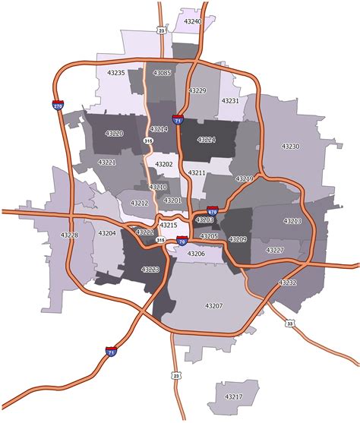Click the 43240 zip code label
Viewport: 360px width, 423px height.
tap(193, 22)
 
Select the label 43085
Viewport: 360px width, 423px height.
tap(162, 73)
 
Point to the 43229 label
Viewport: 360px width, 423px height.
tap(197, 90)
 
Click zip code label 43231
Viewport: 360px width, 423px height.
tap(230, 100)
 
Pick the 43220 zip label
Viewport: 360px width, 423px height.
tap(112, 134)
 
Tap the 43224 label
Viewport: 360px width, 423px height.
tap(206, 140)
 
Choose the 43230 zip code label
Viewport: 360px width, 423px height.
tap(291, 146)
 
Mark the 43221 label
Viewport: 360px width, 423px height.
tap(107, 163)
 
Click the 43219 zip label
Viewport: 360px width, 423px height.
tap(244, 178)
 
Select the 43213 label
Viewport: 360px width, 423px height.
tap(292, 221)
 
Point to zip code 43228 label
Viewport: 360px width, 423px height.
tap(69, 235)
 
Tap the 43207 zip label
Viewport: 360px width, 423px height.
tap(213, 305)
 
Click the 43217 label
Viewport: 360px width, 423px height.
tap(234, 396)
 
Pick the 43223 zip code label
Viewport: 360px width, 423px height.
tap(150, 270)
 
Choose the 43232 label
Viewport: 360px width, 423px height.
tap(287, 282)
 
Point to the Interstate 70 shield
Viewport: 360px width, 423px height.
tap(182, 241)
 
